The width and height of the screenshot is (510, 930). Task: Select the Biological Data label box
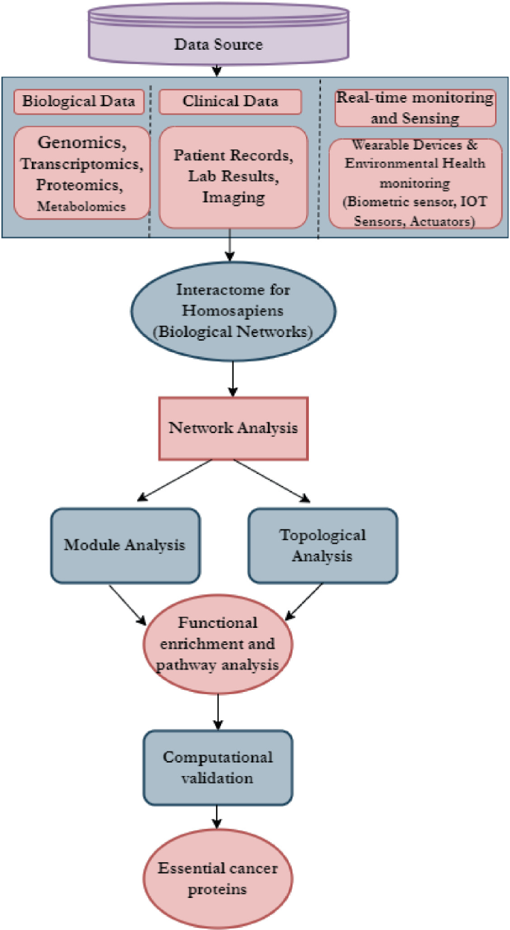point(79,102)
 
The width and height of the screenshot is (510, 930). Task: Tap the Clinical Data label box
point(230,102)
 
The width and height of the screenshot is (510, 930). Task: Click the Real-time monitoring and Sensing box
point(415,107)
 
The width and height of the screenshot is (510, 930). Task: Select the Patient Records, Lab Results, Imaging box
point(233,176)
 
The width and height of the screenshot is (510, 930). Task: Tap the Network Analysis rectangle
point(233,428)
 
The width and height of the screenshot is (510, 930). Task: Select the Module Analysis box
point(124,545)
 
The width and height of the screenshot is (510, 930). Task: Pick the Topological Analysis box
point(322,545)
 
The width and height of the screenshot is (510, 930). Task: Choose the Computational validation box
point(218,767)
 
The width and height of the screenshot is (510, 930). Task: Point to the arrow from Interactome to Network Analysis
point(234,379)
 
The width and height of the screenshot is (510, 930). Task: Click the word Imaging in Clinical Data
point(233,197)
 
